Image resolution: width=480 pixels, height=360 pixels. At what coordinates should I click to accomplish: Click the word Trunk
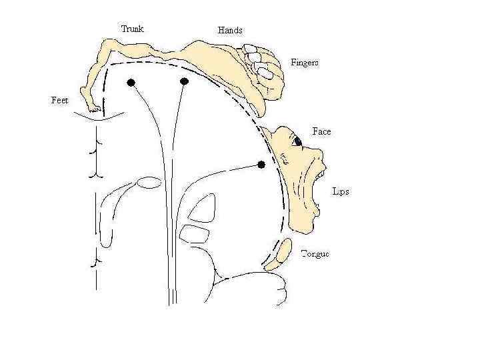(x=132, y=29)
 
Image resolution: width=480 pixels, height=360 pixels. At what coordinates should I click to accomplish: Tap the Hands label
(x=230, y=30)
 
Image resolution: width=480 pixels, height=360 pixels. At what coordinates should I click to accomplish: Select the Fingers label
(x=305, y=63)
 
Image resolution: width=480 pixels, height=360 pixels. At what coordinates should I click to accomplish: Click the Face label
(x=321, y=131)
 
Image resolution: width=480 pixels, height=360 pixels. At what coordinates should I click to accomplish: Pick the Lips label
(x=340, y=192)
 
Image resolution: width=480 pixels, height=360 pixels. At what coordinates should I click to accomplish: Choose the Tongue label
(x=315, y=254)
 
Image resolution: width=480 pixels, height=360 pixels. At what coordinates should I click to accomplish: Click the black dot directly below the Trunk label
(x=131, y=82)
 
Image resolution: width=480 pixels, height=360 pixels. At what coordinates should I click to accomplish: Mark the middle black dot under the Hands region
(x=185, y=81)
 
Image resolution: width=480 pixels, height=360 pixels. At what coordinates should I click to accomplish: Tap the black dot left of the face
(x=261, y=164)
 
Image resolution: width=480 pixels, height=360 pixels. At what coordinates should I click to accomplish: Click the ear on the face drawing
(x=284, y=159)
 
